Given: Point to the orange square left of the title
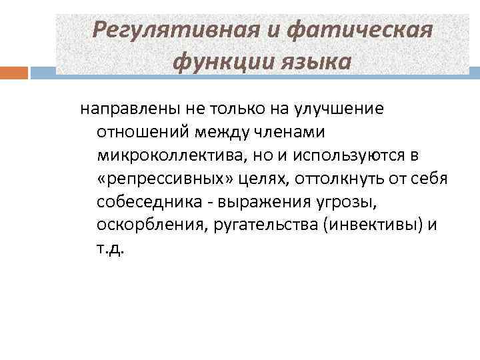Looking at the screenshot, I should point(13,71).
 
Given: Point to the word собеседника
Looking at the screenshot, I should point(141,202).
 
